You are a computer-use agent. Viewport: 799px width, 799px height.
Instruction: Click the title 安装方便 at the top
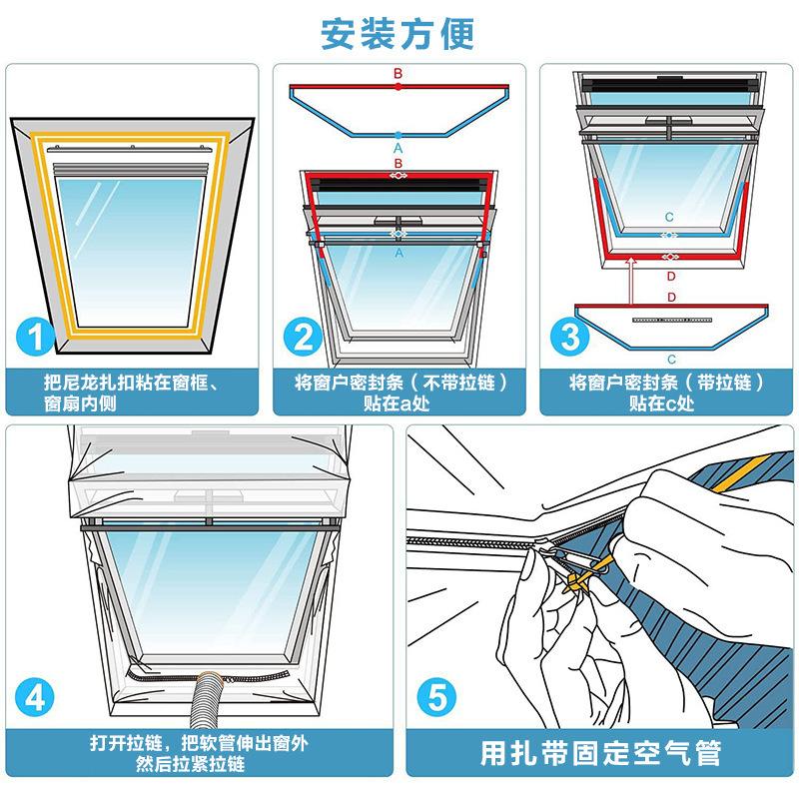(398, 34)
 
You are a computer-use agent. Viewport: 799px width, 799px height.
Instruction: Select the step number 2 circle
(303, 336)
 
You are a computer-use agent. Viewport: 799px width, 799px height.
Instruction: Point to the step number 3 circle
(569, 336)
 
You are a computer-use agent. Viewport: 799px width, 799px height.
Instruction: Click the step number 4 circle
(34, 697)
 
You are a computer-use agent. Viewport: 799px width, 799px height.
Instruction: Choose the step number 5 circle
(436, 697)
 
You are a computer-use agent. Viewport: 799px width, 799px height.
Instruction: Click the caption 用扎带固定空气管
(601, 753)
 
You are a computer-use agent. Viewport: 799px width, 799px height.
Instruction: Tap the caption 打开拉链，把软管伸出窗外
(199, 743)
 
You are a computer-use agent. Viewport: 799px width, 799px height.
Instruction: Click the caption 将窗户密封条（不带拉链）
(401, 383)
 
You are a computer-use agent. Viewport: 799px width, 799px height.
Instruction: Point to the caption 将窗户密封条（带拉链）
(666, 383)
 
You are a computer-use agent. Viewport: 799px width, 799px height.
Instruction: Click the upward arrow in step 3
(632, 281)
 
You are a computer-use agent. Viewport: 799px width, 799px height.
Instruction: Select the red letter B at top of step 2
(398, 73)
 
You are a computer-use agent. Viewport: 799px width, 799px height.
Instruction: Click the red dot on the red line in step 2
(398, 87)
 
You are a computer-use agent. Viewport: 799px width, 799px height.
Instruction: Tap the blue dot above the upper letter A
(398, 136)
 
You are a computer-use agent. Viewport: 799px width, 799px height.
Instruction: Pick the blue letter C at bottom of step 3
(671, 360)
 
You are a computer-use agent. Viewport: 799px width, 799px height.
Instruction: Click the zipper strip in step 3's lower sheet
(672, 320)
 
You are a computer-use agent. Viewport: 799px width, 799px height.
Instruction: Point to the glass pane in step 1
(131, 250)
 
